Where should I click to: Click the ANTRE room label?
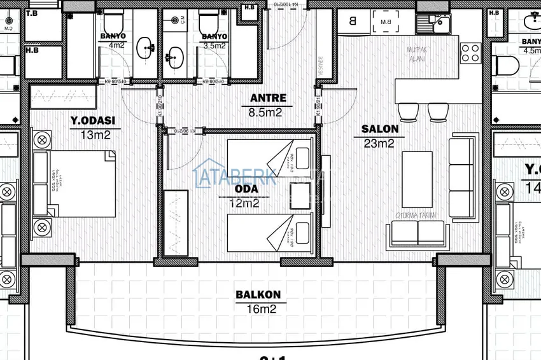point(268,99)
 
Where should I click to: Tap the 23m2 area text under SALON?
point(379,143)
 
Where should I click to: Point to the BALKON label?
point(258,295)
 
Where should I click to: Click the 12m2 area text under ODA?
point(246,204)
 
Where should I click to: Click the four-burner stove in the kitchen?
point(470,52)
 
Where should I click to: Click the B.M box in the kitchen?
point(385,24)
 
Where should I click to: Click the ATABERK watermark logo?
point(235,175)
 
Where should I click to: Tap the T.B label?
point(32,13)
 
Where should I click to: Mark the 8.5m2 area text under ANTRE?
point(268,113)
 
